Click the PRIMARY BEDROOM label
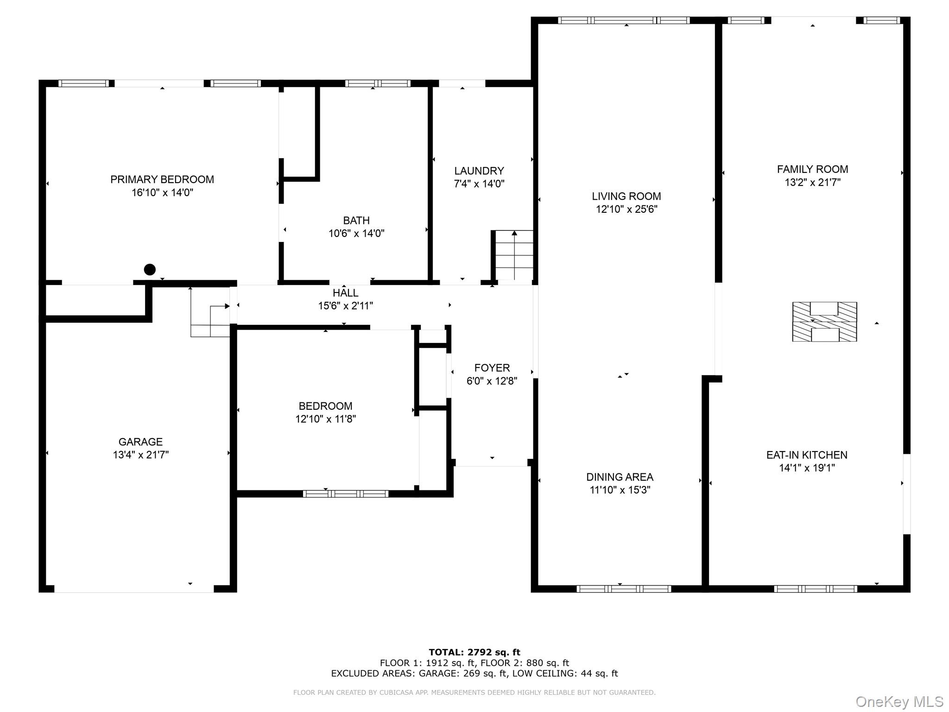162,179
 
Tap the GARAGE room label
140,442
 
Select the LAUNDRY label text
479,171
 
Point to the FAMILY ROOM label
812,170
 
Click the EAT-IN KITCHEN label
807,455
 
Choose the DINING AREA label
620,477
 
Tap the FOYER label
492,368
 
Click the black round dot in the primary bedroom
150,269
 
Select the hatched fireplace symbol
824,322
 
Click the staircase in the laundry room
513,255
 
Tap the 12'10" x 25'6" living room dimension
626,210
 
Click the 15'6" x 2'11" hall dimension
345,306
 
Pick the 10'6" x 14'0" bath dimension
356,234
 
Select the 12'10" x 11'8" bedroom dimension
325,419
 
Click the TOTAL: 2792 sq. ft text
474,652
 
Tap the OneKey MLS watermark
899,701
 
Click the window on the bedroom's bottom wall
346,494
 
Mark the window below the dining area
624,589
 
